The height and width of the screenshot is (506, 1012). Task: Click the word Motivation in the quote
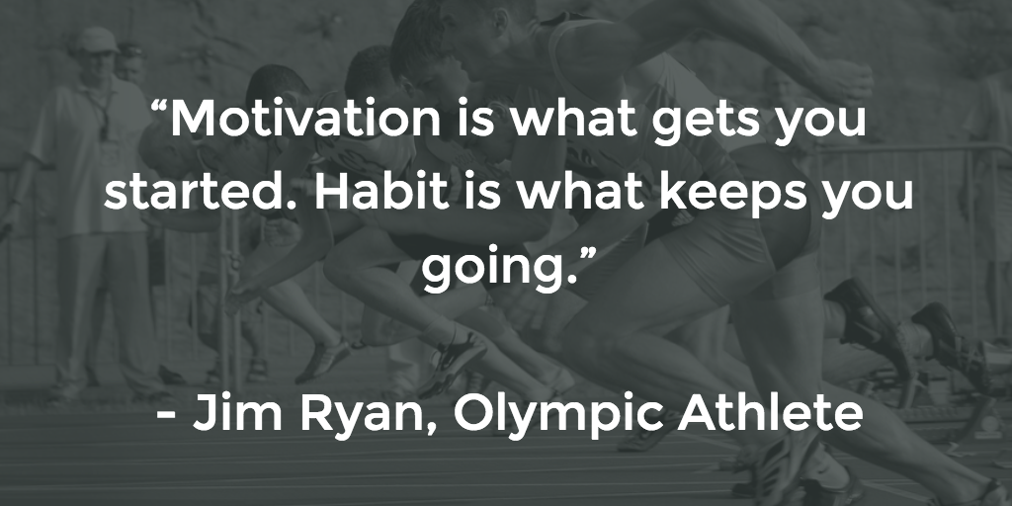(305, 119)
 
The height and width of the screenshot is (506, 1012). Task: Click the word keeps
(732, 195)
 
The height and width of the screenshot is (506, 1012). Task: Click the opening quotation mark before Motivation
(159, 108)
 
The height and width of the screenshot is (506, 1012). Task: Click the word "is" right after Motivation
(479, 119)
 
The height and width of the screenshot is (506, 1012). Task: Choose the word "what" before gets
(574, 119)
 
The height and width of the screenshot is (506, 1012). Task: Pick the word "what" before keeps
(581, 191)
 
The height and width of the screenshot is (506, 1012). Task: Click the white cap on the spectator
(96, 40)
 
